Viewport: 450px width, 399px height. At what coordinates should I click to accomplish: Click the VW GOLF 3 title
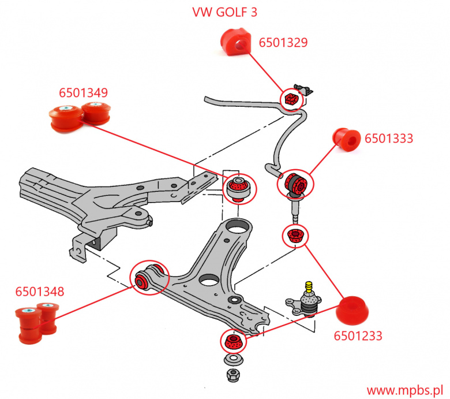pyautogui.click(x=225, y=12)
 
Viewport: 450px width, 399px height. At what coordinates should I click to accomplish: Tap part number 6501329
pyautogui.click(x=283, y=42)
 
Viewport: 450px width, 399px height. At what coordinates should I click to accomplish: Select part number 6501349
pyautogui.click(x=84, y=92)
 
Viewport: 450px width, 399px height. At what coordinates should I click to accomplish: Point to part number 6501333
pyautogui.click(x=389, y=139)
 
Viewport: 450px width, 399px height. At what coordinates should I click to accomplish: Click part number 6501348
pyautogui.click(x=40, y=292)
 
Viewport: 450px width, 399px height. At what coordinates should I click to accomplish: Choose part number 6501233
pyautogui.click(x=358, y=335)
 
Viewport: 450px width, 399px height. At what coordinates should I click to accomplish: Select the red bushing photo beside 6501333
pyautogui.click(x=347, y=139)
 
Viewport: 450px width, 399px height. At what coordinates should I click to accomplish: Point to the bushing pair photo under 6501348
pyautogui.click(x=36, y=322)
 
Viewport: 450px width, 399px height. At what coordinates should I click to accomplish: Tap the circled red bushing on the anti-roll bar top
pyautogui.click(x=291, y=99)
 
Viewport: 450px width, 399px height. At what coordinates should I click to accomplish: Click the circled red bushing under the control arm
pyautogui.click(x=232, y=340)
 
